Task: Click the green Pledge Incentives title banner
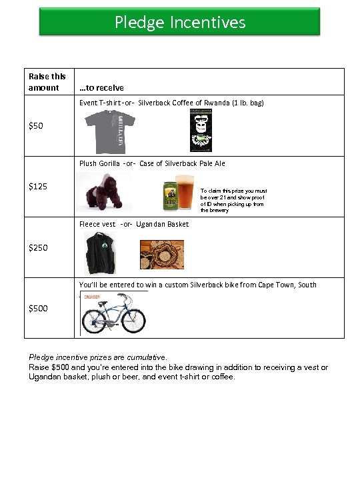[x=180, y=22]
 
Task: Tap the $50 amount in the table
[x=36, y=126]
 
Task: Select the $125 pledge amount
[x=38, y=186]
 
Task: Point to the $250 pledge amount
[x=38, y=247]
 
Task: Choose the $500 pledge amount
[x=38, y=308]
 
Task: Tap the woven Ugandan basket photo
[x=157, y=253]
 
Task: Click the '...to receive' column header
[x=101, y=87]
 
